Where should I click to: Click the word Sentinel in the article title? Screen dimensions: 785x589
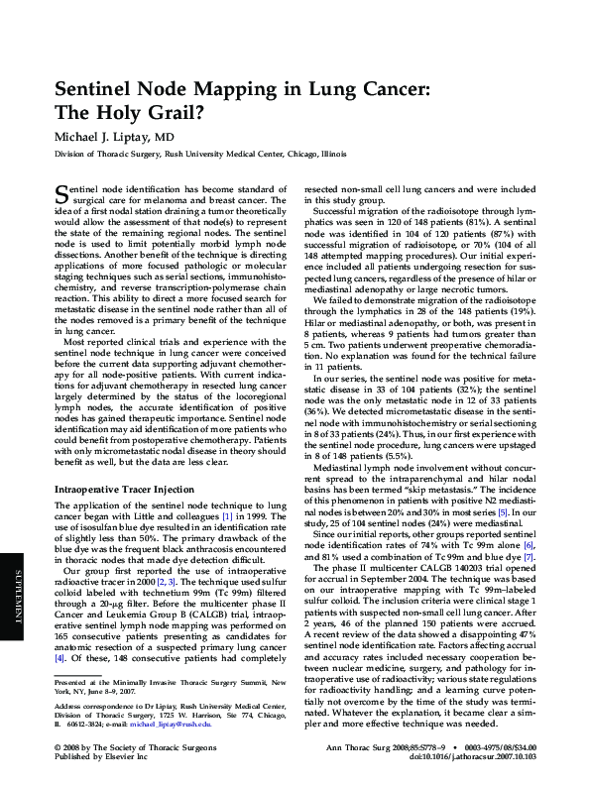point(98,88)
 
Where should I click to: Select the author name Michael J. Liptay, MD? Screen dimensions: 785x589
point(115,137)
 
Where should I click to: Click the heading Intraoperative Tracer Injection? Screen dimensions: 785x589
point(123,464)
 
